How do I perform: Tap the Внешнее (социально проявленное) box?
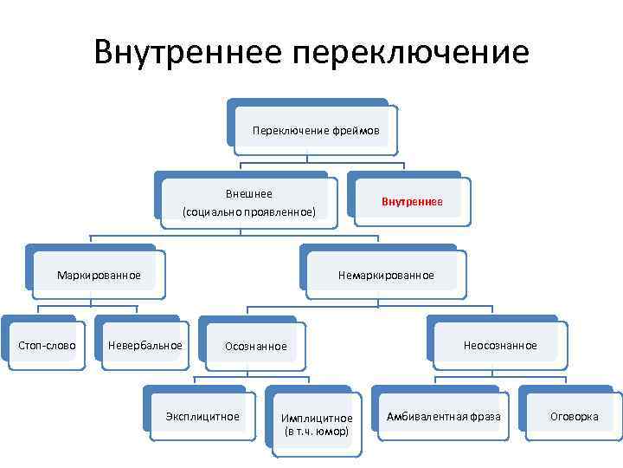(x=248, y=203)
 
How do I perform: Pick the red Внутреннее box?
(x=412, y=202)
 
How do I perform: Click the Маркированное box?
(x=99, y=276)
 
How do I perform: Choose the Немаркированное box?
(x=386, y=276)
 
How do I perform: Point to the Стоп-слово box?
(x=47, y=346)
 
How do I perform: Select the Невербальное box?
(x=145, y=346)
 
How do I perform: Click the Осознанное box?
(x=255, y=347)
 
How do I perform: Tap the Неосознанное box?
(x=500, y=346)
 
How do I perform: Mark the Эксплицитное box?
(x=202, y=417)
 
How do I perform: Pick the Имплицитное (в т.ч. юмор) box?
(x=317, y=425)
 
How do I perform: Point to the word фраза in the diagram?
(x=486, y=417)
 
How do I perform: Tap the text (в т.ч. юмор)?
(x=317, y=431)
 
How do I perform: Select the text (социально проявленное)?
(x=249, y=211)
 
